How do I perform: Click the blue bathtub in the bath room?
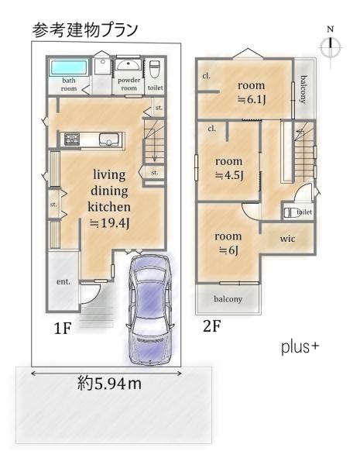pyautogui.click(x=70, y=67)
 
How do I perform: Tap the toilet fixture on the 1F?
pyautogui.click(x=154, y=69)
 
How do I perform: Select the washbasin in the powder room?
pyautogui.click(x=129, y=64)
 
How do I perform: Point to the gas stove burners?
pyautogui.click(x=72, y=139)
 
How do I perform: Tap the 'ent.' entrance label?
pyautogui.click(x=63, y=281)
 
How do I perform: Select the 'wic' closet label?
pyautogui.click(x=287, y=239)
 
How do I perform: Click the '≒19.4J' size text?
pyautogui.click(x=109, y=223)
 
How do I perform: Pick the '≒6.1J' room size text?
pyautogui.click(x=252, y=100)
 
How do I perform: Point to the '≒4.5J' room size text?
pyautogui.click(x=228, y=176)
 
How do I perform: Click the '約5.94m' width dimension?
pyautogui.click(x=109, y=384)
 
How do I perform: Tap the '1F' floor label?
pyautogui.click(x=63, y=329)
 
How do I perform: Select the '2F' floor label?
pyautogui.click(x=211, y=326)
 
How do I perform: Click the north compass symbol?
pyautogui.click(x=331, y=46)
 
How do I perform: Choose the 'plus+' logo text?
pyautogui.click(x=300, y=347)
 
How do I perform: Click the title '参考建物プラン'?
pyautogui.click(x=85, y=30)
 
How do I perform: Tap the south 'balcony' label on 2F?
pyautogui.click(x=228, y=299)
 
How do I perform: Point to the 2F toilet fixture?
pyautogui.click(x=292, y=212)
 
